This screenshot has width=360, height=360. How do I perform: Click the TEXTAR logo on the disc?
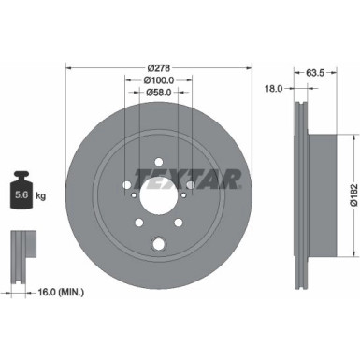pos(188,178)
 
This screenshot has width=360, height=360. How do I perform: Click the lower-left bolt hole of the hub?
pos(137,224)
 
